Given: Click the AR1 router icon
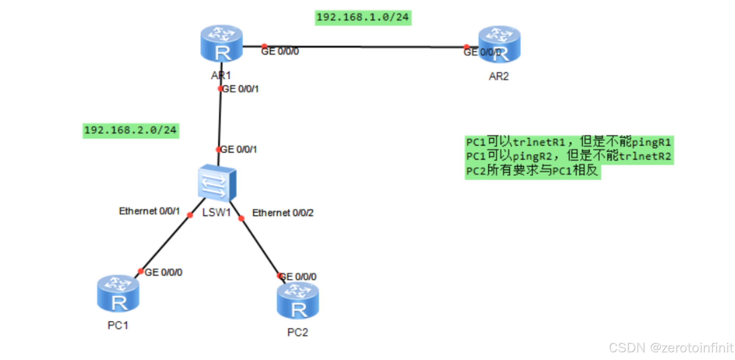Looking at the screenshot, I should tap(221, 44).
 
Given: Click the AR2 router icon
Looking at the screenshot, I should tap(499, 45).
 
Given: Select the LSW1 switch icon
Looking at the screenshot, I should tap(217, 183).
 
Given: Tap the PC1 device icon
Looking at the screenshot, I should tap(118, 293).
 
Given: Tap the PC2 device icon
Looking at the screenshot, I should tap(298, 300).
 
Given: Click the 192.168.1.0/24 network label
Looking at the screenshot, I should tap(363, 17).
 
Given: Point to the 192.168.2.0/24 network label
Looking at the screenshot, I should tap(130, 130).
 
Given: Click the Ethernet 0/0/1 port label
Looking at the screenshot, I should tap(149, 211).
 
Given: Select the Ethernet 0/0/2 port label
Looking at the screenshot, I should tap(282, 213).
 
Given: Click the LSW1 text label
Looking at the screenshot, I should tap(216, 212).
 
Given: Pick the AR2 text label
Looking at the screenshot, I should tap(499, 76).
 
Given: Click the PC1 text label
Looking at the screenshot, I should tap(117, 325).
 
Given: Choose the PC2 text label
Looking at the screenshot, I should tap(297, 332).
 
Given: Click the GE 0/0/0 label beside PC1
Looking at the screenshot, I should tap(163, 272).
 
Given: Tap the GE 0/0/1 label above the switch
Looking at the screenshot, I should tap(238, 149).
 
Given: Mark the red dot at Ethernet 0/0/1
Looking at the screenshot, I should tap(190, 215).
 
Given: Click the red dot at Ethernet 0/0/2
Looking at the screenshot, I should tap(241, 219).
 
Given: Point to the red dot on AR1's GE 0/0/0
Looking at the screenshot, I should tap(264, 46).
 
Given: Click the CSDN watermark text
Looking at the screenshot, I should tap(671, 348).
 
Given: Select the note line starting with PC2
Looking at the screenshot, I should tap(532, 171).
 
